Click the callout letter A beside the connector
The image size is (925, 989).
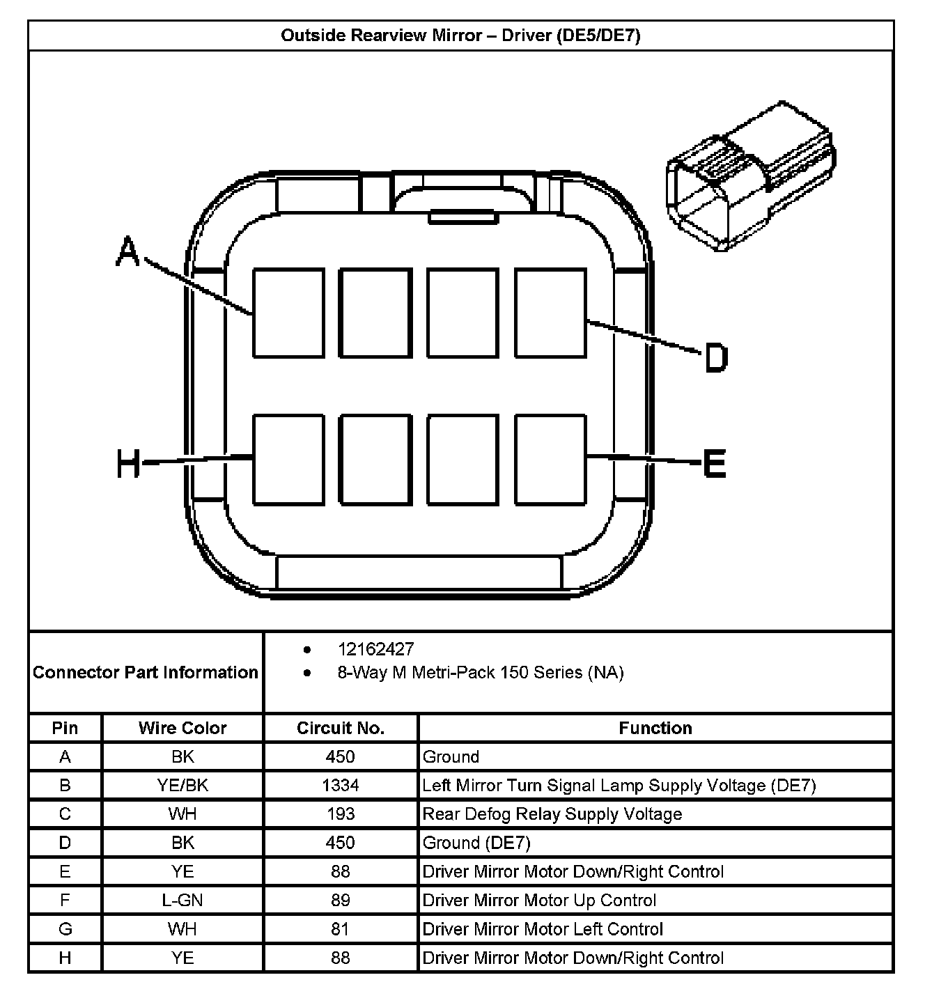point(127,251)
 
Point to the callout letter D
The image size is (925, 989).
point(716,358)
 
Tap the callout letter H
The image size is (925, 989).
point(128,463)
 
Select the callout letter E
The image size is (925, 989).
point(715,463)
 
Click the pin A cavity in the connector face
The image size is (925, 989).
point(288,313)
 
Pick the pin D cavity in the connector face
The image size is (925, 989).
point(550,313)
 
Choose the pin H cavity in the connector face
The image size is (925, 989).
point(288,460)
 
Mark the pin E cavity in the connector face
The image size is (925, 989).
point(550,460)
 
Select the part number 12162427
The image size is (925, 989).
point(375,649)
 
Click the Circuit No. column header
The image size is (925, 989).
point(341,729)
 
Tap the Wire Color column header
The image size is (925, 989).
point(182,729)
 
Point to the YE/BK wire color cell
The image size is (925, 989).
point(182,786)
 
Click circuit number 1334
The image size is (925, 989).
point(341,786)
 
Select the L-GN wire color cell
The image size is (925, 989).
point(182,901)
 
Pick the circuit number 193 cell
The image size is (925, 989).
point(341,814)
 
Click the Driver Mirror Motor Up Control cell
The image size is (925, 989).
point(539,901)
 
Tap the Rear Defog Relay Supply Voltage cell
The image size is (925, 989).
point(552,814)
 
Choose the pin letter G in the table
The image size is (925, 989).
point(65,929)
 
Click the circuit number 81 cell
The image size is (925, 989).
point(341,929)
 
